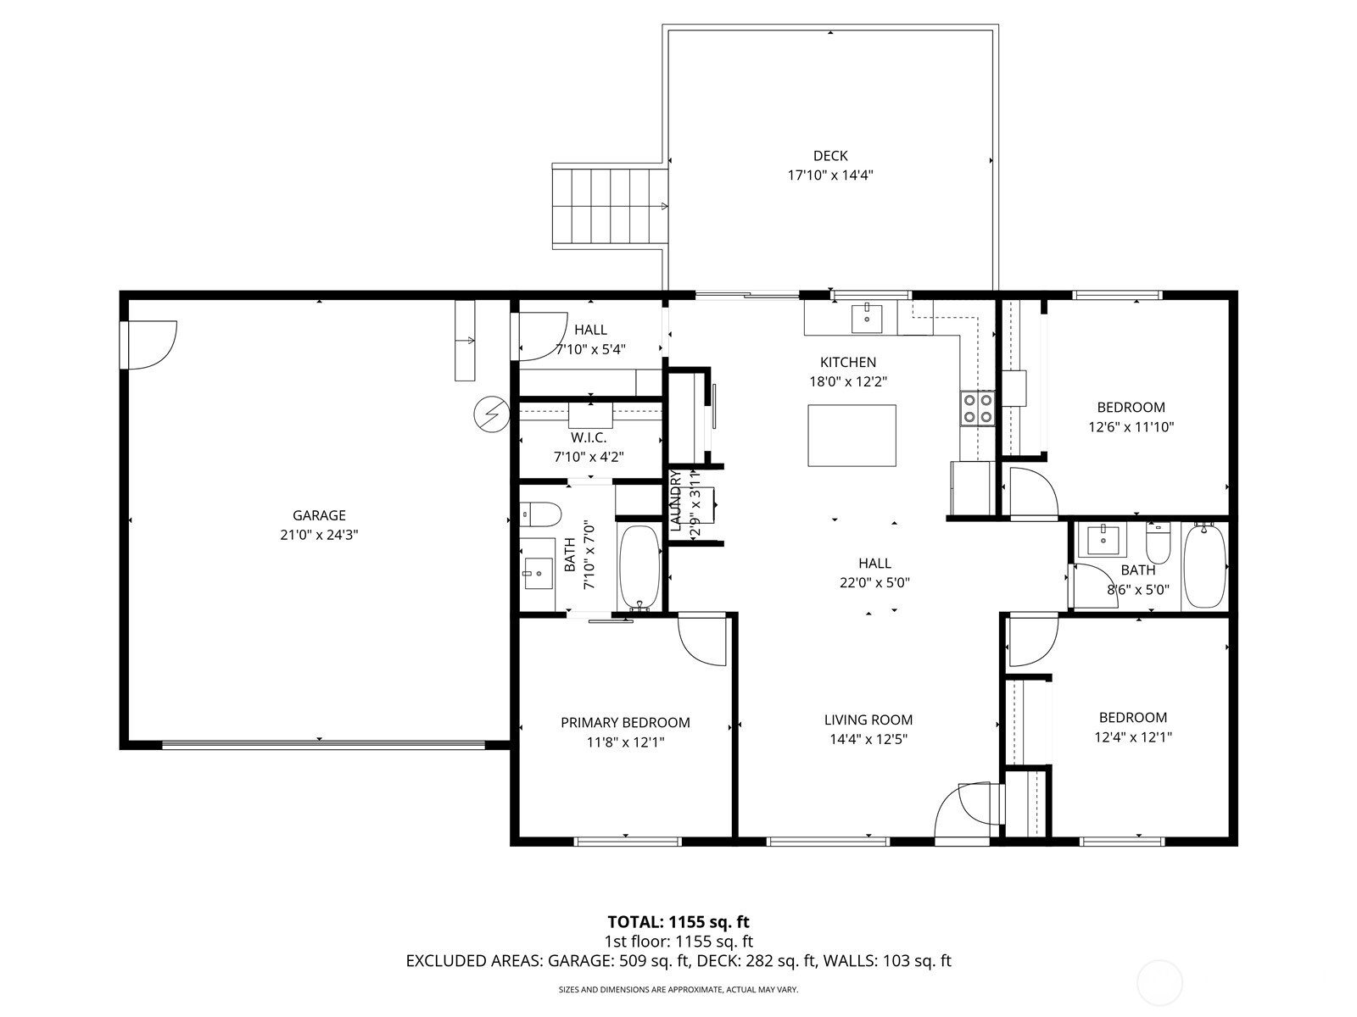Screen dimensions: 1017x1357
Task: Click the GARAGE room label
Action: click(x=319, y=515)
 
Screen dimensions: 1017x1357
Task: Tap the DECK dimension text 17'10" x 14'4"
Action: click(x=830, y=175)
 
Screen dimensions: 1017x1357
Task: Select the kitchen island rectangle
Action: click(x=852, y=436)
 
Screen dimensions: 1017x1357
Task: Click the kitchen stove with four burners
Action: click(x=977, y=408)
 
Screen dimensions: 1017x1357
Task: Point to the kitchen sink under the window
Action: click(x=866, y=319)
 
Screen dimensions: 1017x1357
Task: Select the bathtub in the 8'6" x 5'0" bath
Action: click(x=1204, y=566)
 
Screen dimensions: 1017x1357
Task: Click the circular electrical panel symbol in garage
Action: click(x=490, y=414)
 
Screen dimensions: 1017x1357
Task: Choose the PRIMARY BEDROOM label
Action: click(x=625, y=723)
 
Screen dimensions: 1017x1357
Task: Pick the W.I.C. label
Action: click(x=589, y=437)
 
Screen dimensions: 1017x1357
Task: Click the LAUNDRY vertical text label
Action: click(x=676, y=502)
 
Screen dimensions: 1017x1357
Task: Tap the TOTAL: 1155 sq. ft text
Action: click(x=678, y=921)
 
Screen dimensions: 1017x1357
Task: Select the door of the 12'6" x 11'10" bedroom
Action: click(x=1031, y=493)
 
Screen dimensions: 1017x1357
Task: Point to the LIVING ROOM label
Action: click(x=868, y=720)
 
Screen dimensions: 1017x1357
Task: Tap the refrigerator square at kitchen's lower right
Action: click(x=971, y=486)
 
